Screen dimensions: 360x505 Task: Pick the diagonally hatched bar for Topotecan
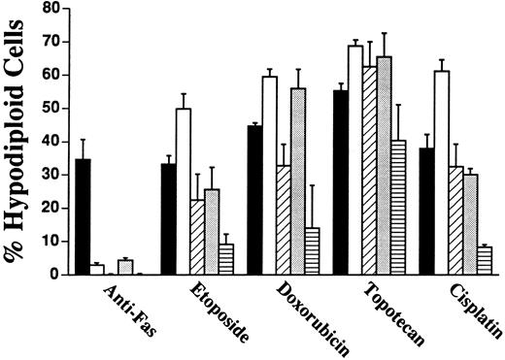coord(368,170)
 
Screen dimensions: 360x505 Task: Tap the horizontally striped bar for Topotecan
coord(397,208)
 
